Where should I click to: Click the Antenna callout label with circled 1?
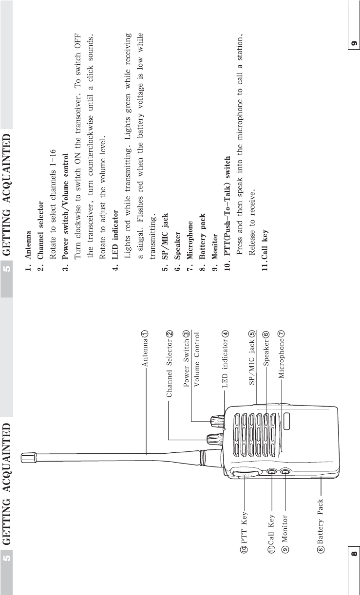pyautogui.click(x=145, y=350)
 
